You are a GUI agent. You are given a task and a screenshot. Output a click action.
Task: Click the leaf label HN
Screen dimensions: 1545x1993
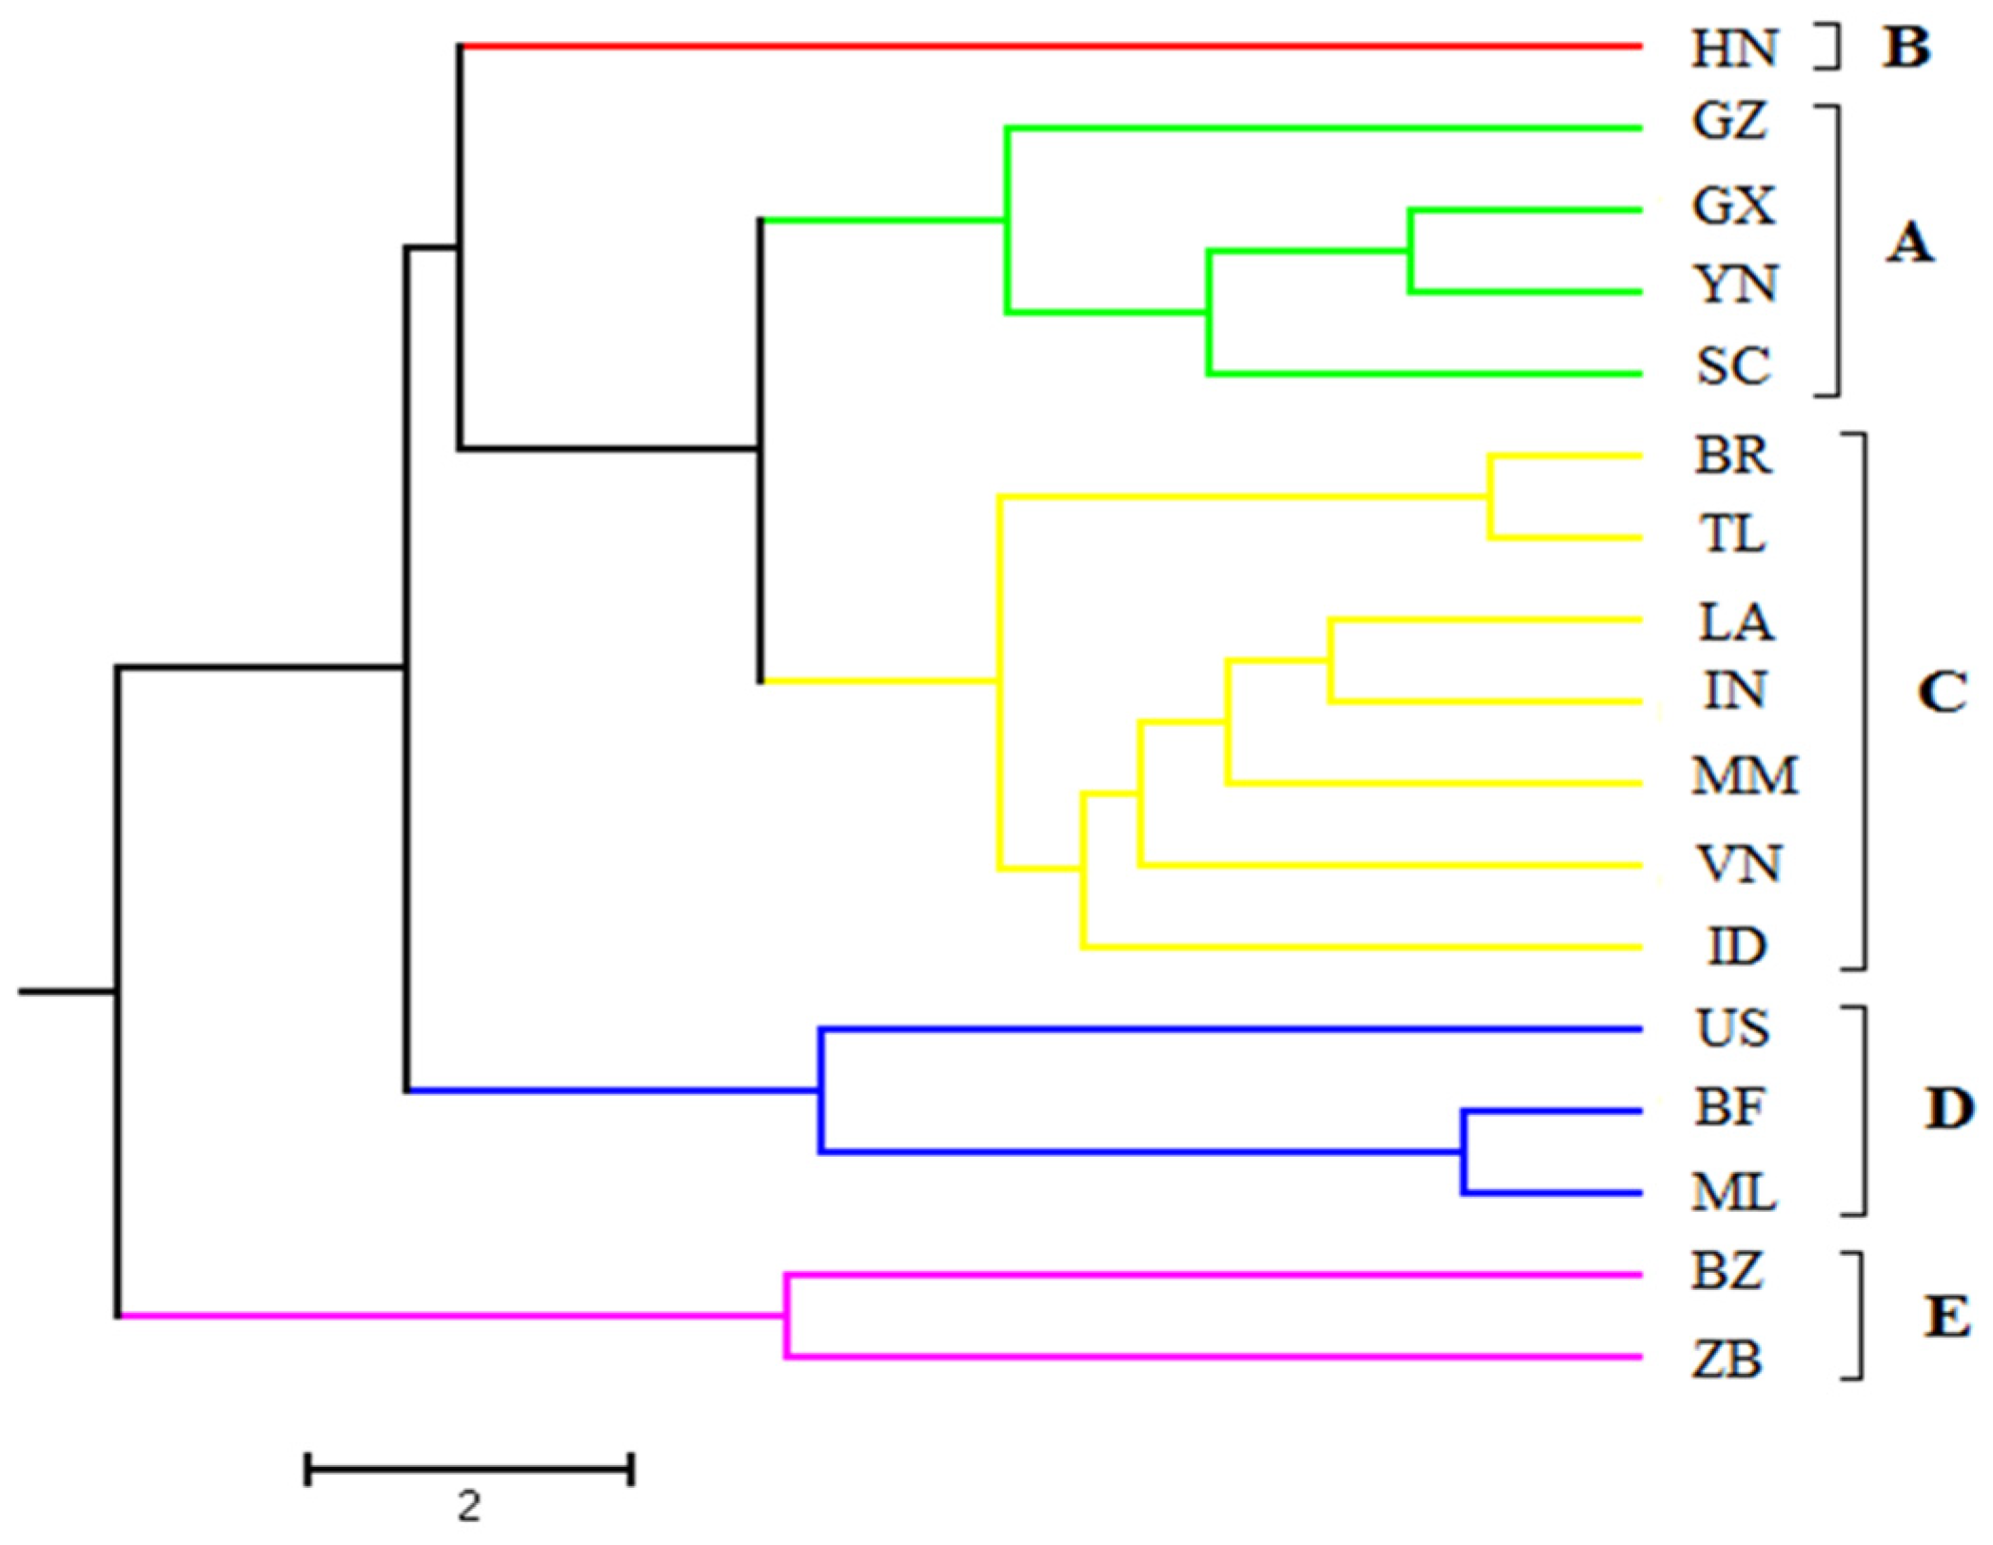point(1733,48)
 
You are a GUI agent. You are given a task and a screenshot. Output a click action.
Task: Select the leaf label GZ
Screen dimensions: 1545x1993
point(1730,122)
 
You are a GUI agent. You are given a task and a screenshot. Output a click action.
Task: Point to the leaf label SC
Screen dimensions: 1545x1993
point(1733,366)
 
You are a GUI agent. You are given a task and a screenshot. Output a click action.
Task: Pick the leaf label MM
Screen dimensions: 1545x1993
point(1745,775)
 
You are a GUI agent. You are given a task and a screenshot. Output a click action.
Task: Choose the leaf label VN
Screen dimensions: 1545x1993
point(1738,864)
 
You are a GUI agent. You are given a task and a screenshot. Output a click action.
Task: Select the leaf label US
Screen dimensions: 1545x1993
point(1733,1028)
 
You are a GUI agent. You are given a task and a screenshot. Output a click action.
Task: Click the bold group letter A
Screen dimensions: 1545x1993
point(1909,244)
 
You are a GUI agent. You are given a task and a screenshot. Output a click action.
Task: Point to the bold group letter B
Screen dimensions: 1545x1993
point(1906,48)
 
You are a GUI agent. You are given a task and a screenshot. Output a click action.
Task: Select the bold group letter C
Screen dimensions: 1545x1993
point(1942,693)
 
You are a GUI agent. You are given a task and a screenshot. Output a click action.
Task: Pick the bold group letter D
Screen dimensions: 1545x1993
point(1948,1109)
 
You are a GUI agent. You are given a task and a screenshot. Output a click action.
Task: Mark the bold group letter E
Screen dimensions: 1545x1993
point(1947,1318)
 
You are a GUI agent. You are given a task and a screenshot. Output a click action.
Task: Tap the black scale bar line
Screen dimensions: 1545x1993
point(469,1470)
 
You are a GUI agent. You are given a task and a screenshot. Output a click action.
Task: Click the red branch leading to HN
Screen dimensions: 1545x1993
point(1047,46)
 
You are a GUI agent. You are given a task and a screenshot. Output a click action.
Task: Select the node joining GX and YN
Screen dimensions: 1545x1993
point(1411,251)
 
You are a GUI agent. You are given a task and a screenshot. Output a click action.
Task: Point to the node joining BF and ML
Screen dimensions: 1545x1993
point(1464,1152)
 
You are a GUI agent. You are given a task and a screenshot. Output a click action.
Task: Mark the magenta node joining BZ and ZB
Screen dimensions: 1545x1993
point(786,1316)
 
